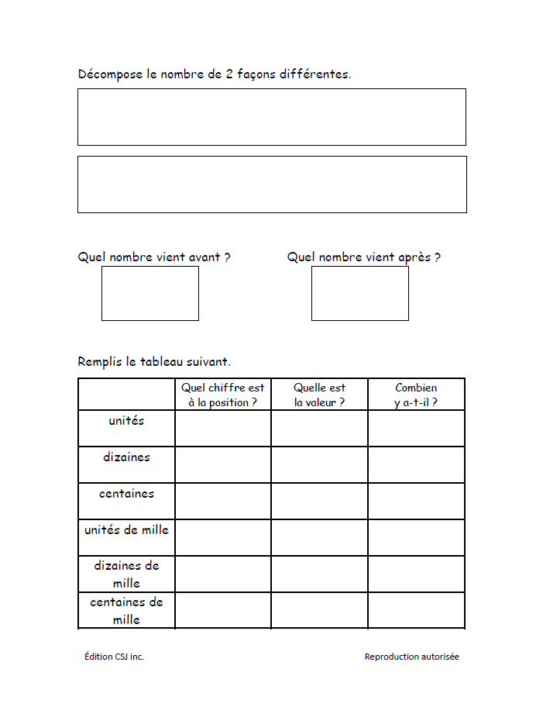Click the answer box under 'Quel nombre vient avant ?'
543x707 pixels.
coord(149,293)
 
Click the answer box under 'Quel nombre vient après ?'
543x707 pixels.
coord(359,293)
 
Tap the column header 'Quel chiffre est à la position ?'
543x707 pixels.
coord(222,395)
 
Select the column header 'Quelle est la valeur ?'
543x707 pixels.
coord(319,395)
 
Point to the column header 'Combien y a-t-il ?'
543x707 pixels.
coord(416,395)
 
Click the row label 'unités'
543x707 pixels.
coord(126,420)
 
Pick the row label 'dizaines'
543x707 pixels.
coord(126,457)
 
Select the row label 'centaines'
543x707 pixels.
coord(126,493)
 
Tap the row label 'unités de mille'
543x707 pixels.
coord(126,529)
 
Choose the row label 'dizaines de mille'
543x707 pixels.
coord(126,574)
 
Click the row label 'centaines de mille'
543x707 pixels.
coord(126,610)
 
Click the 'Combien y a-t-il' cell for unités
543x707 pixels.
coord(416,428)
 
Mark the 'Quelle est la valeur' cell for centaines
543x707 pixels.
coord(319,501)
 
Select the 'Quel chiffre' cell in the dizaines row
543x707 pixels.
coord(222,464)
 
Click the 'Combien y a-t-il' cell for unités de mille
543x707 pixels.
coord(416,537)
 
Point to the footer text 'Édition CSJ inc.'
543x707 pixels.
coord(114,657)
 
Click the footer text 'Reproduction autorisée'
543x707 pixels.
coord(411,657)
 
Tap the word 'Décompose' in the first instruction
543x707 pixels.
coord(110,74)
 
